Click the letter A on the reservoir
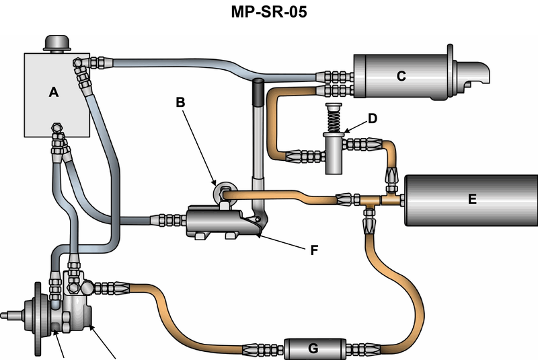(54, 93)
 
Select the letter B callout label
(180, 102)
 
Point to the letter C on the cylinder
(401, 76)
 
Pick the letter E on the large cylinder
(472, 199)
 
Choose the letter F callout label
(313, 250)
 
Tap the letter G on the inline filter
(312, 350)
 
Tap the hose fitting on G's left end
(264, 350)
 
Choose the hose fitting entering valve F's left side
(167, 219)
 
